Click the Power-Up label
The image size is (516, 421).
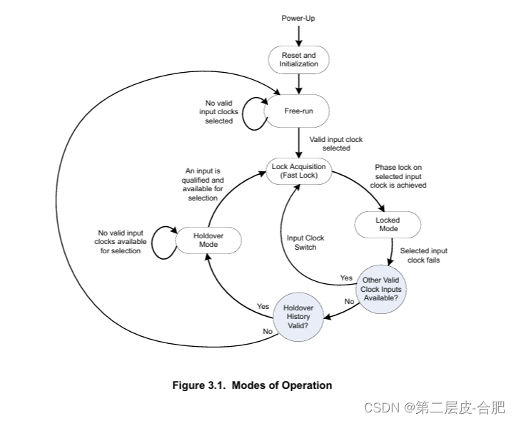pyautogui.click(x=298, y=16)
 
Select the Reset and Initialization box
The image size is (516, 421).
pyautogui.click(x=298, y=59)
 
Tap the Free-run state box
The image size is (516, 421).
pyautogui.click(x=298, y=111)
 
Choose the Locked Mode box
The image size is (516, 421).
pyautogui.click(x=388, y=225)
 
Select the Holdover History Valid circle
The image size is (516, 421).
pyautogui.click(x=298, y=315)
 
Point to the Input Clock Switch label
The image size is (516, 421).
pyautogui.click(x=305, y=243)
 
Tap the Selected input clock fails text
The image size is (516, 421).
pyautogui.click(x=424, y=255)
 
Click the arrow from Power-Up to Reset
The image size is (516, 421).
pyautogui.click(x=298, y=34)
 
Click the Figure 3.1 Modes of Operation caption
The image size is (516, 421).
pyautogui.click(x=252, y=385)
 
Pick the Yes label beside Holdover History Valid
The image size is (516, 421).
pyautogui.click(x=263, y=306)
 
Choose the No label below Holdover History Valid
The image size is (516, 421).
pyautogui.click(x=267, y=331)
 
